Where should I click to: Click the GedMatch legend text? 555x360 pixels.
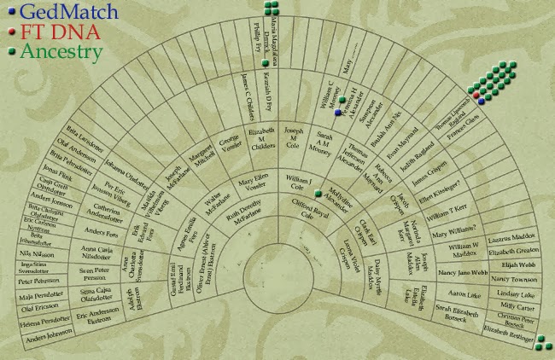[57, 12]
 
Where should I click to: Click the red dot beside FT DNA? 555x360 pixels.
[9, 32]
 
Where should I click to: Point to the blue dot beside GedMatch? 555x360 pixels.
[9, 12]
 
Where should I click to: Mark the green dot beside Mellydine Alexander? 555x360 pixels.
[318, 193]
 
